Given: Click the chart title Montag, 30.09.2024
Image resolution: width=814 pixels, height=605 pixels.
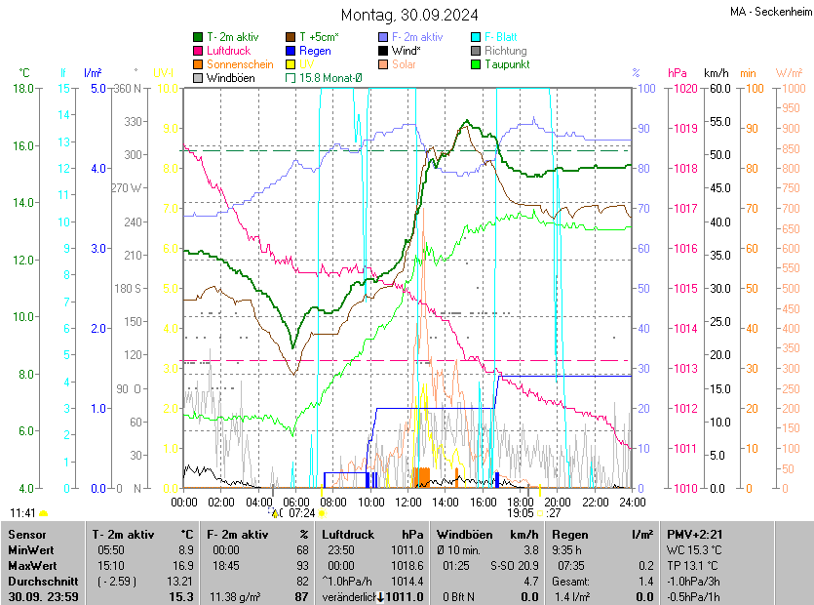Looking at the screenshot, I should (x=408, y=15).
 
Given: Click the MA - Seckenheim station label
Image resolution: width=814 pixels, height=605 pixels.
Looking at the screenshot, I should (x=769, y=11).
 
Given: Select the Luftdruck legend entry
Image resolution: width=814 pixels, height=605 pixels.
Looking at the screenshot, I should (x=229, y=51).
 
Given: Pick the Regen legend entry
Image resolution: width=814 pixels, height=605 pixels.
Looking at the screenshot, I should (x=315, y=51).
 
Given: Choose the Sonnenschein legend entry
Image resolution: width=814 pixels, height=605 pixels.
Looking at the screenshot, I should (x=240, y=64).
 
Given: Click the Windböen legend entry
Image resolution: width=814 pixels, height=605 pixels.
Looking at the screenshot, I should (x=229, y=77).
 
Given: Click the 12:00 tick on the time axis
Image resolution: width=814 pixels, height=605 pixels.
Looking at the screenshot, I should (x=408, y=502).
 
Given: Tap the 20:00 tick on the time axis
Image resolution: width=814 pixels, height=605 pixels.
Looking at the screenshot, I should (x=558, y=502).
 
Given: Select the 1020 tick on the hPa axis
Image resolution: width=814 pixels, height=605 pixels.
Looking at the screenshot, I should (x=683, y=89).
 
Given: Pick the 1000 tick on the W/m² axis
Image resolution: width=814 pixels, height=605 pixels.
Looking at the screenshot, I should (x=791, y=89).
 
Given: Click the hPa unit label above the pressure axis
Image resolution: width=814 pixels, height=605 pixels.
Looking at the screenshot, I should (x=677, y=73).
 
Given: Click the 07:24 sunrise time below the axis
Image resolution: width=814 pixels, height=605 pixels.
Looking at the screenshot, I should (x=302, y=512).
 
